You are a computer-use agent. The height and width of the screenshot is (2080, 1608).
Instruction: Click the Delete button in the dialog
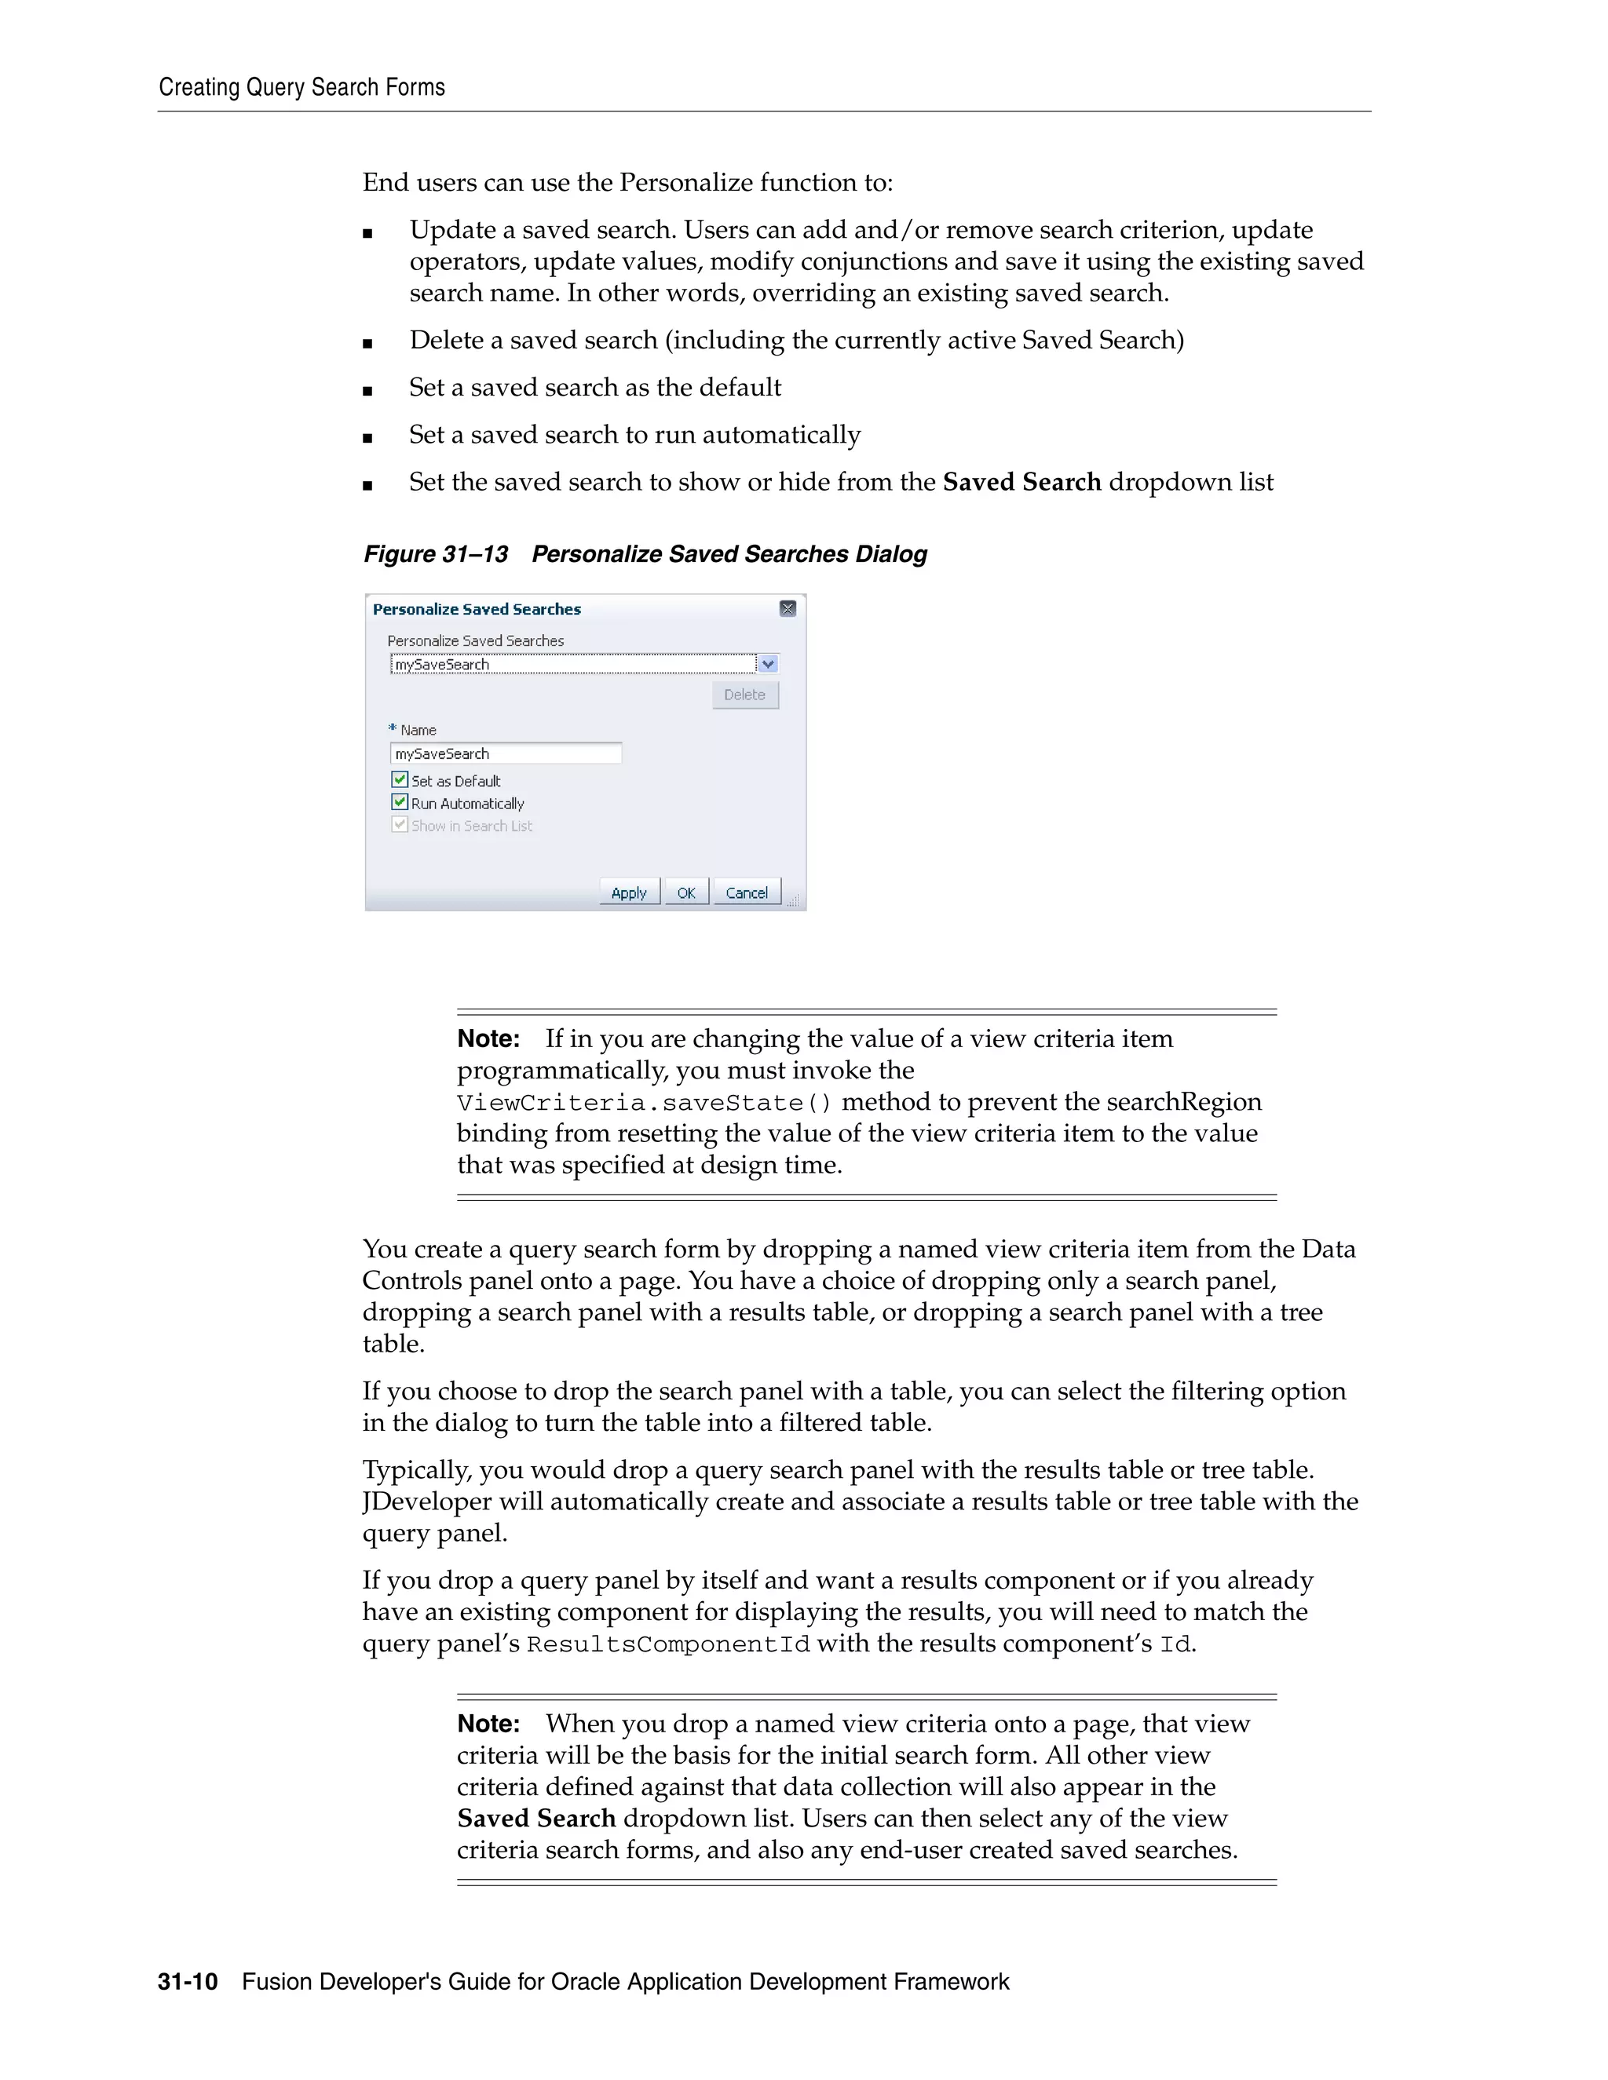click(745, 695)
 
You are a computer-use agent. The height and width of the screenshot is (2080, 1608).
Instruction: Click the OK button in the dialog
click(686, 892)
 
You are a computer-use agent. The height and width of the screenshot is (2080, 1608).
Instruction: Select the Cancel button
click(746, 892)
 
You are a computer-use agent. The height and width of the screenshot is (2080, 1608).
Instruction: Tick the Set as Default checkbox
click(400, 779)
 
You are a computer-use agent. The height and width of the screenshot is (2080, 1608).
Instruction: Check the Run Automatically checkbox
click(400, 802)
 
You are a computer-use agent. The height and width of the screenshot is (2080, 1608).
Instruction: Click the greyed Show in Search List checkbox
click(400, 825)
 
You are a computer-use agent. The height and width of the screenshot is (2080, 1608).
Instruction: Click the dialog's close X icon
click(788, 608)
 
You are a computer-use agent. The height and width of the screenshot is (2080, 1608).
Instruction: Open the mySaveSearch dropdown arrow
click(769, 664)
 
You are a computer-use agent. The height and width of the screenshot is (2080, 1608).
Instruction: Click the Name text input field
click(506, 754)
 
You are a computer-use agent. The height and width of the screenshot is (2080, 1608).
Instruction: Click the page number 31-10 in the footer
click(188, 1982)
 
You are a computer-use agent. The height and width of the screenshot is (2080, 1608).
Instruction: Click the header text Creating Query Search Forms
click(302, 88)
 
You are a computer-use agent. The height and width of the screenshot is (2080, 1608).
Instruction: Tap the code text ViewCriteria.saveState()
click(644, 1103)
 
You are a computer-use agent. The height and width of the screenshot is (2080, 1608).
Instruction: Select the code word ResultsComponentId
click(668, 1644)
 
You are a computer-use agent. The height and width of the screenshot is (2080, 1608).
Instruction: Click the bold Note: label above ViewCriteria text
click(488, 1039)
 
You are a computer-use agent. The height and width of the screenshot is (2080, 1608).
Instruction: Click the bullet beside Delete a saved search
click(367, 343)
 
